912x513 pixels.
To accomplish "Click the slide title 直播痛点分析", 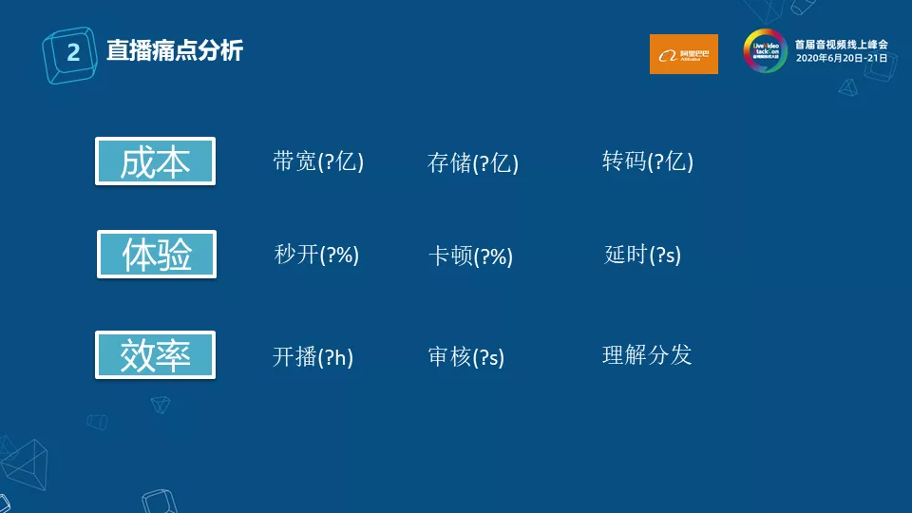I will pyautogui.click(x=175, y=50).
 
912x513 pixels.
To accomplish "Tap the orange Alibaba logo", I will pyautogui.click(x=683, y=54).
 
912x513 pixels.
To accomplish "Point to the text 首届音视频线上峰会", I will pyautogui.click(x=842, y=45).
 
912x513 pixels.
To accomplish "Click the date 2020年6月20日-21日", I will pyautogui.click(x=842, y=59).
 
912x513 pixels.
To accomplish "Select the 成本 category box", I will pyautogui.click(x=156, y=161).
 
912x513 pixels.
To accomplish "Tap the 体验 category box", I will pyautogui.click(x=157, y=255).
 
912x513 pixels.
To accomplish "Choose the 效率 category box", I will pyautogui.click(x=156, y=355).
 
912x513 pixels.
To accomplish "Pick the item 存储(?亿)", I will pyautogui.click(x=473, y=162).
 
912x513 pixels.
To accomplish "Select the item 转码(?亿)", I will pyautogui.click(x=648, y=161).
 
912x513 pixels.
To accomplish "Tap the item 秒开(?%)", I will pyautogui.click(x=316, y=255).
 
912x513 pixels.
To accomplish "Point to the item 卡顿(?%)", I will pyautogui.click(x=470, y=256).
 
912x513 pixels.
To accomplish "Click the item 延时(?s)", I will pyautogui.click(x=643, y=255).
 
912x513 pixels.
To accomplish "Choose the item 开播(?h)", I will pyautogui.click(x=313, y=357).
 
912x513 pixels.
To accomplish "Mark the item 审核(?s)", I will pyautogui.click(x=466, y=357).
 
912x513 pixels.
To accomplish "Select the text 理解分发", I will pyautogui.click(x=647, y=355).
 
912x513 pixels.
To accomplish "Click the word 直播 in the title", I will pyautogui.click(x=128, y=50).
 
